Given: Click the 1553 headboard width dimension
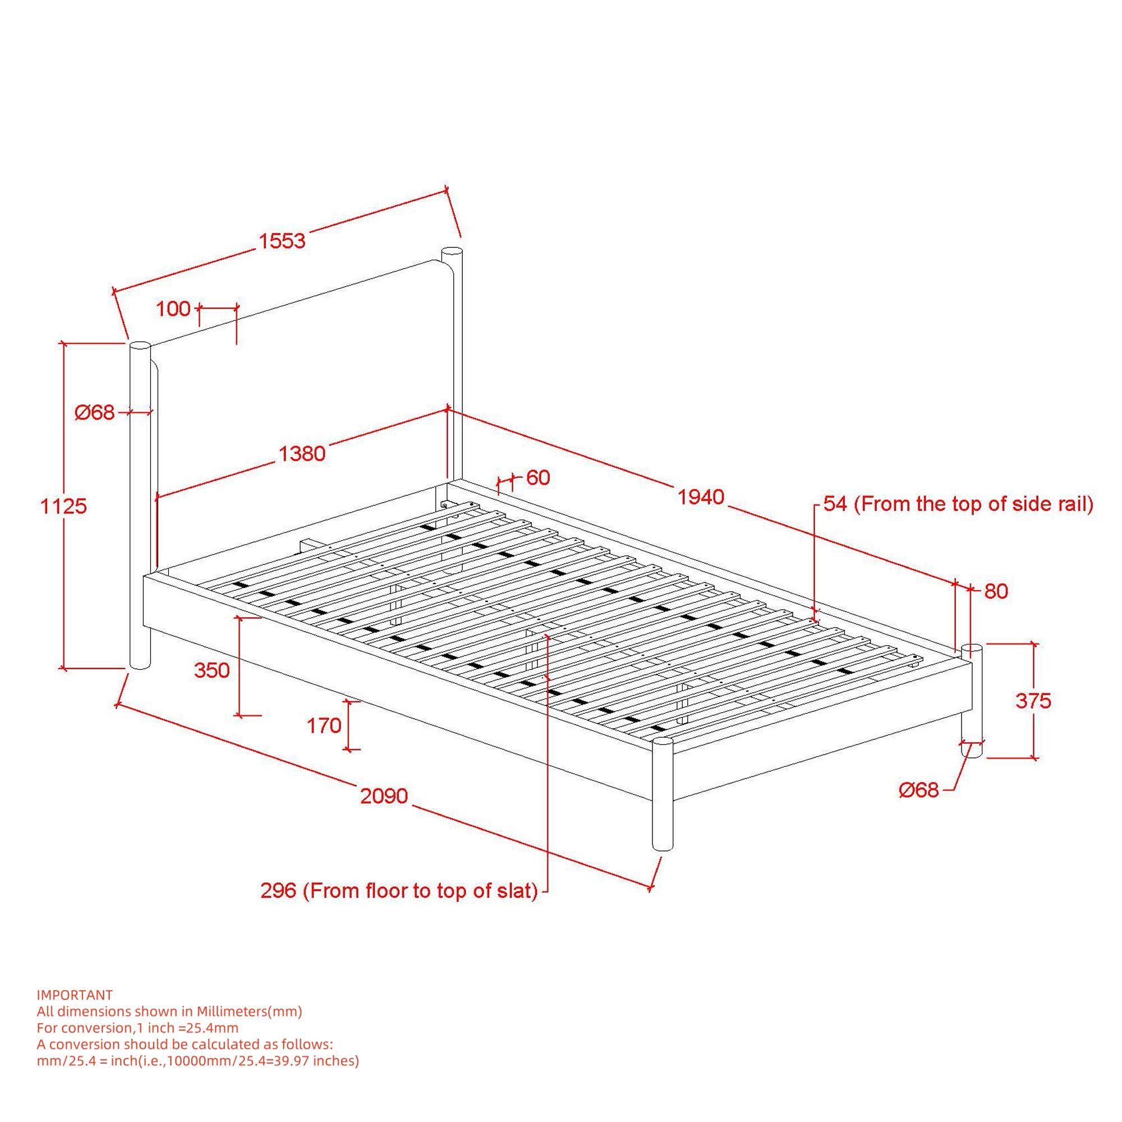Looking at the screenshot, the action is coord(282,241).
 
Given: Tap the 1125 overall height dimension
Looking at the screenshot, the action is coord(63,507).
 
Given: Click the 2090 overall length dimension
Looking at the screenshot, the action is coord(384,795).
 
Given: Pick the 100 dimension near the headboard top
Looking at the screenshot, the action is coord(173,309).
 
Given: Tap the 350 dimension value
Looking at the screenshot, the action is coord(212,670).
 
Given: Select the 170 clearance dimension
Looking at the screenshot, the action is coord(324,725).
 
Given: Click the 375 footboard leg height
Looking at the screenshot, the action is coord(1033,701).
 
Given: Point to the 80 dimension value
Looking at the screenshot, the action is coord(996,591).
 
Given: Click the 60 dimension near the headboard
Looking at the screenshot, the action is coord(538,477).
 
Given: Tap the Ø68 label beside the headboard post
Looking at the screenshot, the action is coord(95,412).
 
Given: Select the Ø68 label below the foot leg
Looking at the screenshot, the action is coord(919,790).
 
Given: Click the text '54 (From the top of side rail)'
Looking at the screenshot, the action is coord(958,504).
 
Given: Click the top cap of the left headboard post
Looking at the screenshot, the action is coord(139,347).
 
